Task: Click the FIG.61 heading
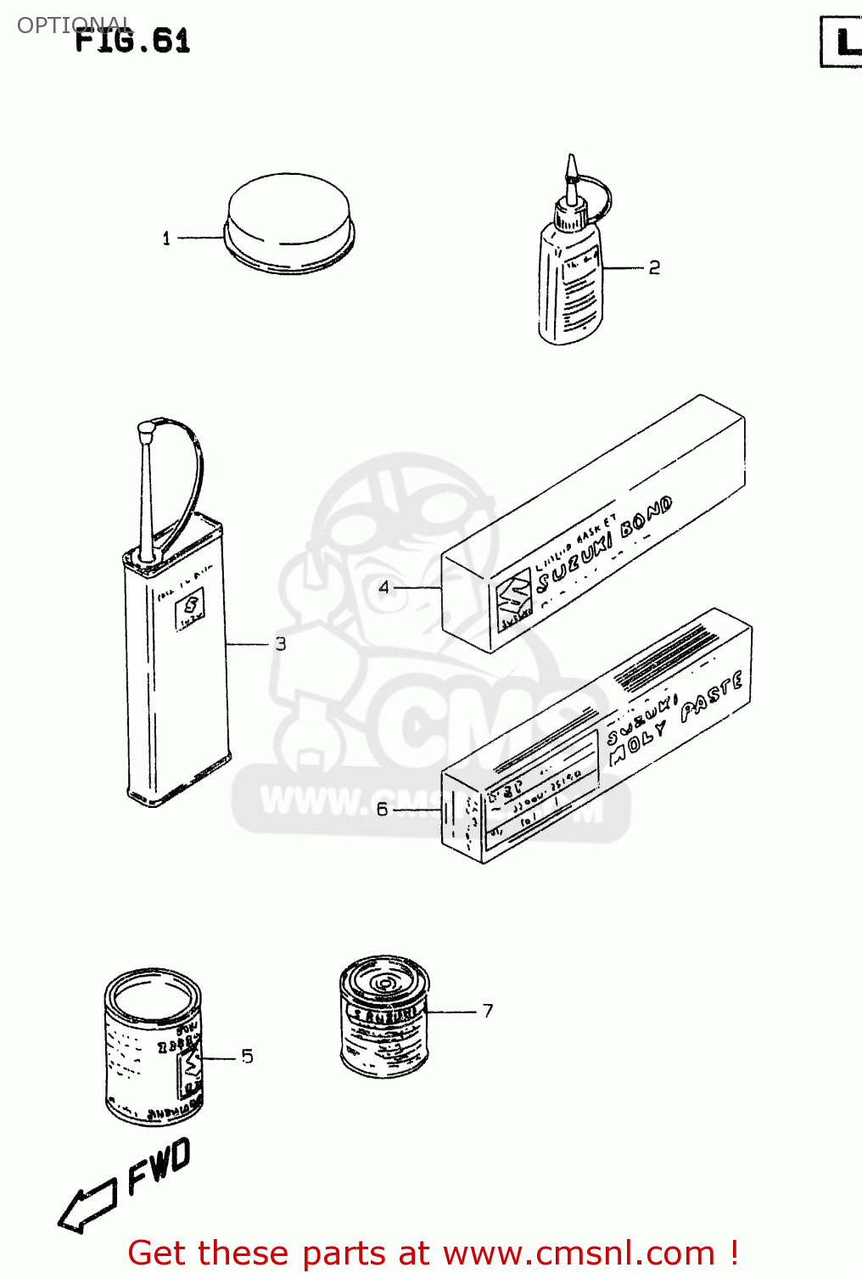[132, 41]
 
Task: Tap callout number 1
[166, 238]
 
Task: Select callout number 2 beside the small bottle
[654, 268]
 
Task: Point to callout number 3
[281, 644]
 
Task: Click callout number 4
[383, 587]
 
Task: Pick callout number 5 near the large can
[247, 1057]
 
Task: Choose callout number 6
[382, 810]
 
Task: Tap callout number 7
[488, 1011]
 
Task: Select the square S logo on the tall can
[191, 605]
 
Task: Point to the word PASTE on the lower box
[712, 695]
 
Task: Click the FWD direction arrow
[87, 1204]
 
